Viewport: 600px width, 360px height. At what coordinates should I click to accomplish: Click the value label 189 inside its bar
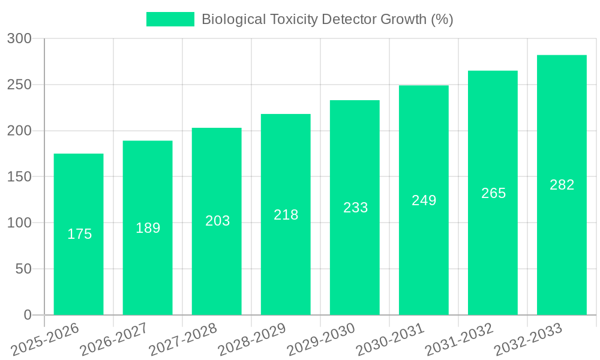click(x=148, y=228)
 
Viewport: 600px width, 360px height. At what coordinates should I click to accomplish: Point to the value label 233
click(x=355, y=208)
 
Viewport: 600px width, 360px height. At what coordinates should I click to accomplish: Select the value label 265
click(x=493, y=193)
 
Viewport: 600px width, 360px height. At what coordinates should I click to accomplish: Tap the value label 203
click(x=217, y=221)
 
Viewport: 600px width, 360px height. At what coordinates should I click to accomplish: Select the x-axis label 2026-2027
click(x=114, y=339)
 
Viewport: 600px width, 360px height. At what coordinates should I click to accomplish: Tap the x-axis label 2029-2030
click(x=321, y=339)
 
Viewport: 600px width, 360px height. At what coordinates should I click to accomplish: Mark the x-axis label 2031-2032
click(x=459, y=339)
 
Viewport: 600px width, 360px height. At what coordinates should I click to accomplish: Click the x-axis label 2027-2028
click(x=183, y=339)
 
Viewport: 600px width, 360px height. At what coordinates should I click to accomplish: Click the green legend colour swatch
click(x=170, y=19)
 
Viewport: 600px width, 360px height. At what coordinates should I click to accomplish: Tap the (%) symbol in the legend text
click(x=442, y=19)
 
